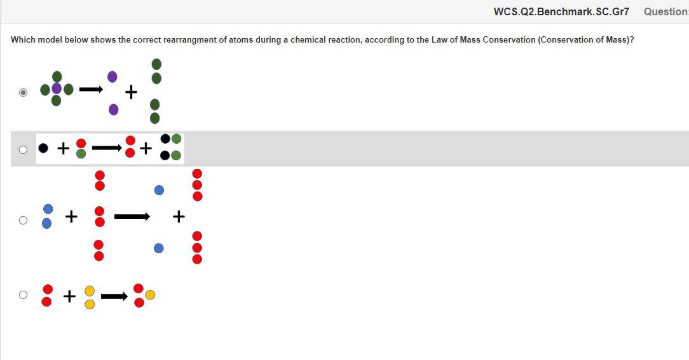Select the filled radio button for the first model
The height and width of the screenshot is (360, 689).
click(24, 92)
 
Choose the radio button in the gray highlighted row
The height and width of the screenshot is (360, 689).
click(24, 149)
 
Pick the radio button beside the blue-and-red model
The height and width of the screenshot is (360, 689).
click(24, 220)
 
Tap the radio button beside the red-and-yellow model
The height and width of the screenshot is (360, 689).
click(24, 294)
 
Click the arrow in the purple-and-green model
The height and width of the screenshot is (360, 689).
click(91, 90)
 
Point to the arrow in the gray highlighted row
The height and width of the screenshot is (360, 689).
click(107, 148)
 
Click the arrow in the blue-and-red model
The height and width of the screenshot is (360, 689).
click(132, 217)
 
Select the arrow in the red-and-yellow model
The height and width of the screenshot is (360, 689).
click(114, 296)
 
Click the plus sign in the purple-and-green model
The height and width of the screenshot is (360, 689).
click(131, 93)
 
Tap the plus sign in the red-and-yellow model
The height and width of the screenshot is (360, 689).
click(69, 296)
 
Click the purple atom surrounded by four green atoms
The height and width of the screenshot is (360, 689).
click(57, 88)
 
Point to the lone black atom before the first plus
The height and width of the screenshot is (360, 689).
click(43, 148)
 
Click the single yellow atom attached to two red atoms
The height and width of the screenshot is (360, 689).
click(150, 294)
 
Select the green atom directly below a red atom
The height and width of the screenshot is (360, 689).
click(81, 153)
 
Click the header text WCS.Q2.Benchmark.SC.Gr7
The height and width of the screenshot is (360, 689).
click(561, 11)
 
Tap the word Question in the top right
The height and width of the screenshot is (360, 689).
click(665, 11)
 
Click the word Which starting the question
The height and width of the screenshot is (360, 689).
click(23, 39)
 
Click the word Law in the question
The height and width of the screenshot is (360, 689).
click(440, 39)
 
